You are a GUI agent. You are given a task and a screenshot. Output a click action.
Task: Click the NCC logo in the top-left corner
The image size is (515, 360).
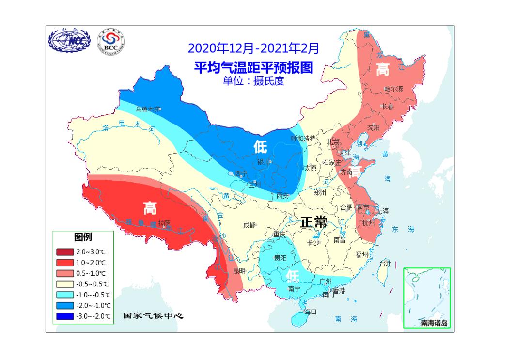point(69,42)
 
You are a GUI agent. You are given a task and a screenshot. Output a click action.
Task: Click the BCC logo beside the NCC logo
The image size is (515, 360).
point(110,42)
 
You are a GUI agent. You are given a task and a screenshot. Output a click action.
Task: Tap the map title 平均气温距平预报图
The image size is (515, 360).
point(253,67)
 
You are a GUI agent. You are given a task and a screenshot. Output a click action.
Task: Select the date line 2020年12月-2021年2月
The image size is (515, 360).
point(253,48)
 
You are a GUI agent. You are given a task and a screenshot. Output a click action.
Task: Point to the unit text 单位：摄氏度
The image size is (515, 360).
point(253,81)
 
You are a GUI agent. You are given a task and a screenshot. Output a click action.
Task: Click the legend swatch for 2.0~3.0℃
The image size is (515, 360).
point(65,252)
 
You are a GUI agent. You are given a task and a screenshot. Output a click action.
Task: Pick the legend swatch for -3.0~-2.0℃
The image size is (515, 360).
point(65,316)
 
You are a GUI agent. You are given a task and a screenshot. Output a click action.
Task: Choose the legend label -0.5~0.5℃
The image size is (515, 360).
point(93,284)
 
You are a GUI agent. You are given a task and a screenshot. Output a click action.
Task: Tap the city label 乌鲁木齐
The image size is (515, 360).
point(147,110)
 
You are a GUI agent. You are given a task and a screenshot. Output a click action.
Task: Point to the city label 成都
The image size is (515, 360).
point(250,225)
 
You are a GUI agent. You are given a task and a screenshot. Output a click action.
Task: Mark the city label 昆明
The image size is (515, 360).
point(239,270)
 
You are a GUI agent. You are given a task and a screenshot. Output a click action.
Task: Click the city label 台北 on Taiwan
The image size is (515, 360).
point(385,264)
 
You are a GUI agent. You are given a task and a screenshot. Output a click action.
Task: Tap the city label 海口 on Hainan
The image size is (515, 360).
point(310,312)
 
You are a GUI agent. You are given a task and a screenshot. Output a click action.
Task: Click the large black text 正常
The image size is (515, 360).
point(313,222)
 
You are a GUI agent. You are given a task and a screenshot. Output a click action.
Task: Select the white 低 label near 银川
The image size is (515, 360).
point(261,146)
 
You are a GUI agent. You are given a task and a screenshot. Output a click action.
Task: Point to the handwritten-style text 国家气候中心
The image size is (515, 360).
point(153,316)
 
